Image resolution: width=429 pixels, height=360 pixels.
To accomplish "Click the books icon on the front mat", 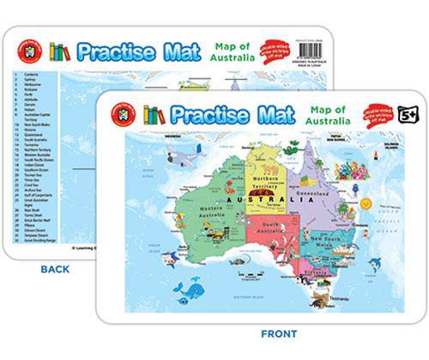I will pyautogui.click(x=154, y=114).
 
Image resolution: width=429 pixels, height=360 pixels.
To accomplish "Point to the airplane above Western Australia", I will pyautogui.click(x=184, y=156).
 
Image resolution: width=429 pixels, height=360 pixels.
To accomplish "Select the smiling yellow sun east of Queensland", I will pyautogui.click(x=366, y=204).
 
